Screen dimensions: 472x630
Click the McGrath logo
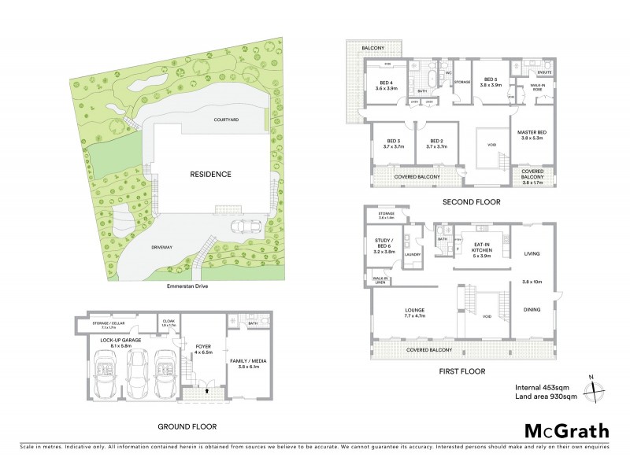[x=566, y=430]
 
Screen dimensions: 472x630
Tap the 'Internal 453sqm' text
[x=542, y=386]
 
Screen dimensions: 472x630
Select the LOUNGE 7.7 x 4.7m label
[x=414, y=312]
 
